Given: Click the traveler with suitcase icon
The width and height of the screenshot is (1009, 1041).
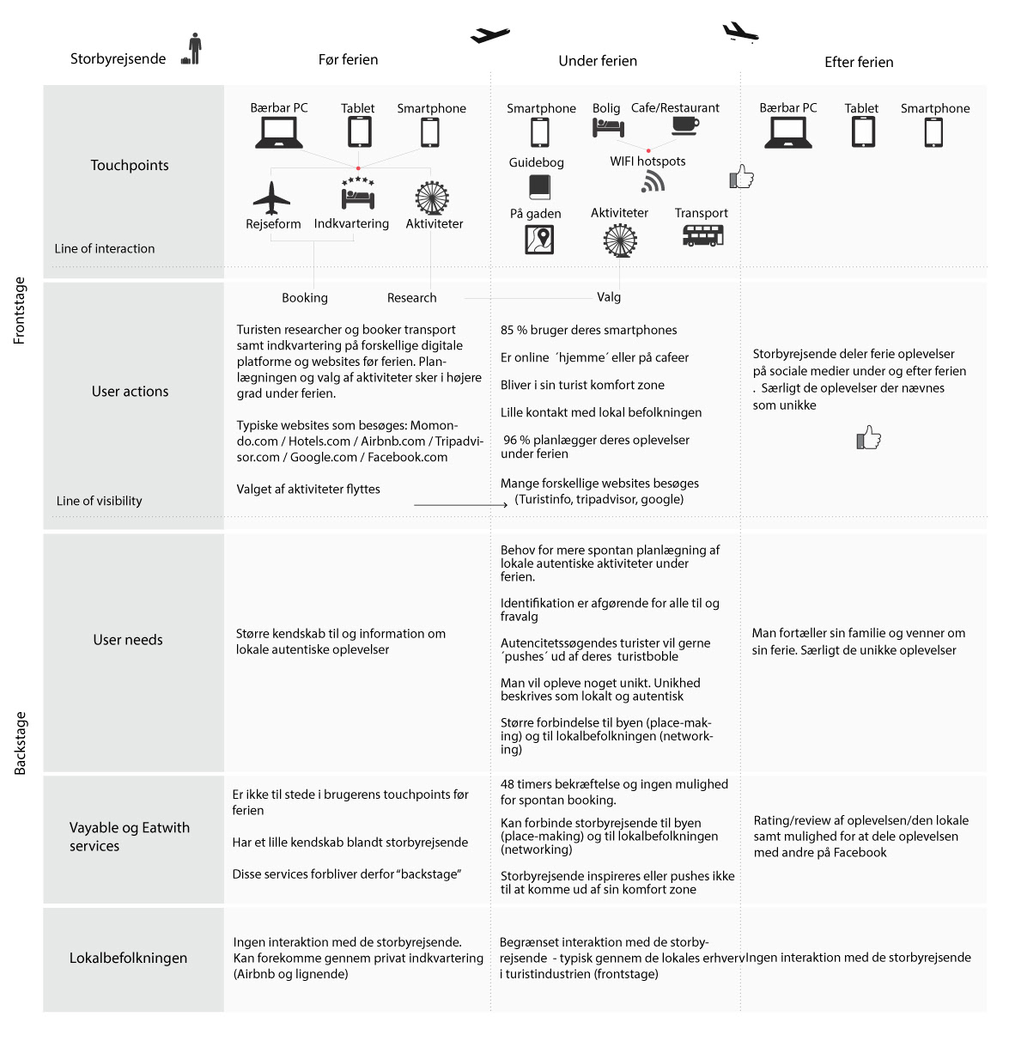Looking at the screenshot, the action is [192, 49].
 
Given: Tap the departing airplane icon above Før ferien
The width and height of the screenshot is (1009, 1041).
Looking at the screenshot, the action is [489, 34].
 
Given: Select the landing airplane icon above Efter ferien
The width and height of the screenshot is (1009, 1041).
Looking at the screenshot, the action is [740, 32].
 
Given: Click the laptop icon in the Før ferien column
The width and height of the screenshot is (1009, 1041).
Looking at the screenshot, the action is [278, 132].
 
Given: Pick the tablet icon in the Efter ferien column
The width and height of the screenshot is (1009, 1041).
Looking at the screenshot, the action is [863, 132].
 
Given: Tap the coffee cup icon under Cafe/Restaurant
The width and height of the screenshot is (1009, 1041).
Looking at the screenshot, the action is [685, 126].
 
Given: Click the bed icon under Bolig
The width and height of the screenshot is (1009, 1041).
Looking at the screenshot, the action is [608, 128].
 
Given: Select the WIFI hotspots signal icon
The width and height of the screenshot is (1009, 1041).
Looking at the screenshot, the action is [653, 182].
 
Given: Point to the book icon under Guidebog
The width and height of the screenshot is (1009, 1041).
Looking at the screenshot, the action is [539, 187].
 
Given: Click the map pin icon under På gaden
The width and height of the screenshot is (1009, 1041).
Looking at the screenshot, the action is [539, 239].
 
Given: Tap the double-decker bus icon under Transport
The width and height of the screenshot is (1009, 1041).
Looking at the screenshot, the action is [703, 235].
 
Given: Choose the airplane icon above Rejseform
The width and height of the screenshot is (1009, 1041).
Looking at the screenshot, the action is [271, 198].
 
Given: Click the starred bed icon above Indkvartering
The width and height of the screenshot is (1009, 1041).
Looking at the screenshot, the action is [358, 193].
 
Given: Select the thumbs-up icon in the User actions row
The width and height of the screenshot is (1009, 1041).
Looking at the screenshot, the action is [868, 437].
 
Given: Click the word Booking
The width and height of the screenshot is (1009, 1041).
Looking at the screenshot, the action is [305, 298].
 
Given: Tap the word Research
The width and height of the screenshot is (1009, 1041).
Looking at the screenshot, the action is [411, 298].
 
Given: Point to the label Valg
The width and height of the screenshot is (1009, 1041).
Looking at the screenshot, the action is [609, 297].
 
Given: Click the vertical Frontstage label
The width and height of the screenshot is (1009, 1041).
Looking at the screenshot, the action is [19, 310].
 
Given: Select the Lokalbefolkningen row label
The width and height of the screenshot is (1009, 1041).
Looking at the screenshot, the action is [128, 958].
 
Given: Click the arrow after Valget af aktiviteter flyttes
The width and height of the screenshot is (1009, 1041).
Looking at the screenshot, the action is [460, 504].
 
